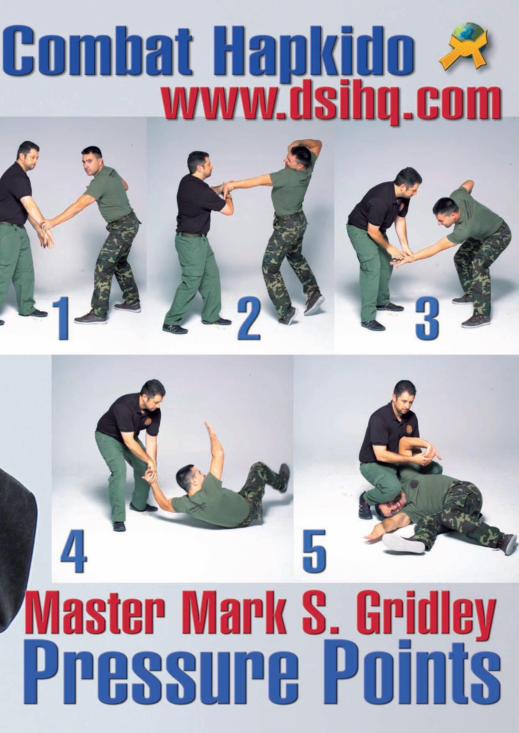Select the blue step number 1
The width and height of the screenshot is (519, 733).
click(x=62, y=321)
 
